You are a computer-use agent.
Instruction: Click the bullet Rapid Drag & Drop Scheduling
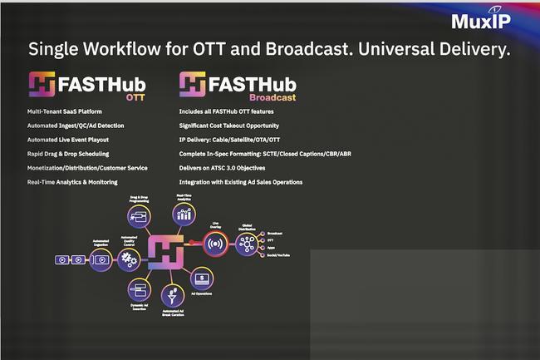[68, 153]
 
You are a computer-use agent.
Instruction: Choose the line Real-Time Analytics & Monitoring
[72, 181]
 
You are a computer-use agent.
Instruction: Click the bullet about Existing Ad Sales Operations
[241, 181]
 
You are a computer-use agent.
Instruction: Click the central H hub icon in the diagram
[166, 249]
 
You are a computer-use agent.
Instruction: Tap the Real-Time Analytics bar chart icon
[184, 215]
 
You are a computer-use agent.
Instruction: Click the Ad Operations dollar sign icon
[202, 277]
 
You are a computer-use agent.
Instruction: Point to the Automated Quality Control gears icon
[129, 259]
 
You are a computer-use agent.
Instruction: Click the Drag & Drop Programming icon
[138, 218]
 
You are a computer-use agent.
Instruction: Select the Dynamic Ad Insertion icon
[138, 289]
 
